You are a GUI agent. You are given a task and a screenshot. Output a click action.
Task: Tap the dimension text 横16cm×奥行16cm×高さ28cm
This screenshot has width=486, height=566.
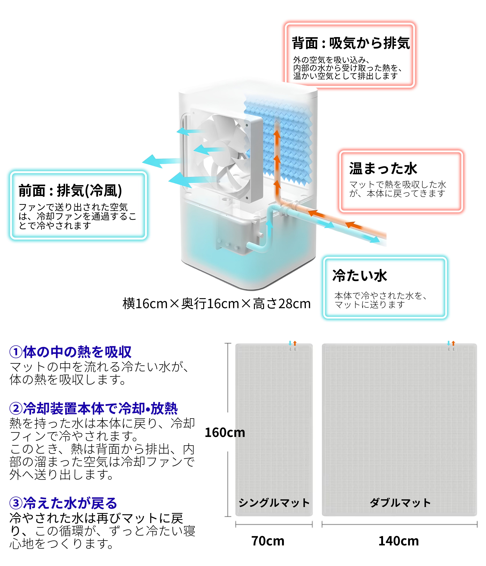click(216, 303)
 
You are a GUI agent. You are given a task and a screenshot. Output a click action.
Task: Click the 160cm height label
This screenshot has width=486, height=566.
click(225, 432)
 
